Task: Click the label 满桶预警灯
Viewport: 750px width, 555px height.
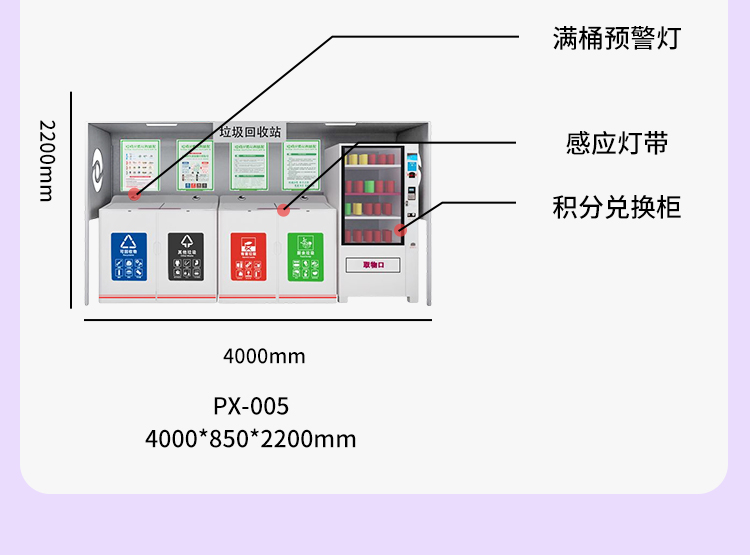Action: tap(616, 38)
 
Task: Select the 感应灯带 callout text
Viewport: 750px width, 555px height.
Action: tap(616, 143)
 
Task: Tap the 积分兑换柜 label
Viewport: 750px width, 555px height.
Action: tap(616, 207)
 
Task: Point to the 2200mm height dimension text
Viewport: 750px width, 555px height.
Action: tap(46, 160)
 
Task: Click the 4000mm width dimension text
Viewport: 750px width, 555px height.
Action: tap(264, 356)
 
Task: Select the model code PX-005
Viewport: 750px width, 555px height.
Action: tap(251, 406)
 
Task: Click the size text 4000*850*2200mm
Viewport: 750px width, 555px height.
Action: tap(251, 438)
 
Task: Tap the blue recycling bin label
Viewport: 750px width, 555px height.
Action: tap(128, 255)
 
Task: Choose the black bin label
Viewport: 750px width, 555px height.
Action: tap(185, 255)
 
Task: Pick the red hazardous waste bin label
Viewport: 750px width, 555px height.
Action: tap(246, 256)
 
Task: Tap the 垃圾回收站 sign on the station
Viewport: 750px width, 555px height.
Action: tap(250, 131)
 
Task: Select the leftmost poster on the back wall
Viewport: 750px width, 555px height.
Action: tap(140, 164)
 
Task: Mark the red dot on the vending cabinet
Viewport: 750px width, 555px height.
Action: tap(401, 230)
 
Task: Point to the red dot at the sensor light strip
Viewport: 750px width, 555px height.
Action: tap(284, 210)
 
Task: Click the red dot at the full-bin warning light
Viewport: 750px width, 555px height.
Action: tap(134, 193)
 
